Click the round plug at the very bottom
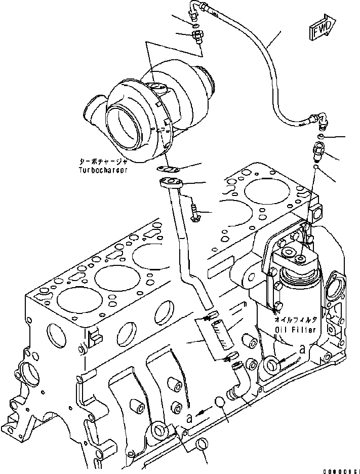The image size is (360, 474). [201, 445]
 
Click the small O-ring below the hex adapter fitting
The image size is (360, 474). [316, 166]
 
